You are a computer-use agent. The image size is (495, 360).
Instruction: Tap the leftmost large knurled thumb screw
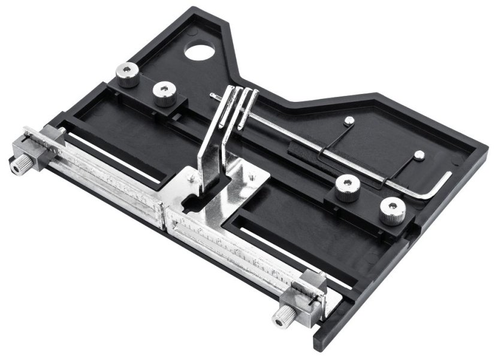click(128, 75)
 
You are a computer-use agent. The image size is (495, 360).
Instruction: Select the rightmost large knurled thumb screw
click(393, 210)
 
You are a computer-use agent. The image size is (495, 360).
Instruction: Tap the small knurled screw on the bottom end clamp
click(280, 316)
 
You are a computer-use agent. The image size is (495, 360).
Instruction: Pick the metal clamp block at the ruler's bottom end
click(309, 294)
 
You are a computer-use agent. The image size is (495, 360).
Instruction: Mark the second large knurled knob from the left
click(164, 93)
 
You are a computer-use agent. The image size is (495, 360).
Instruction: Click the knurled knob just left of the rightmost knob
click(347, 188)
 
